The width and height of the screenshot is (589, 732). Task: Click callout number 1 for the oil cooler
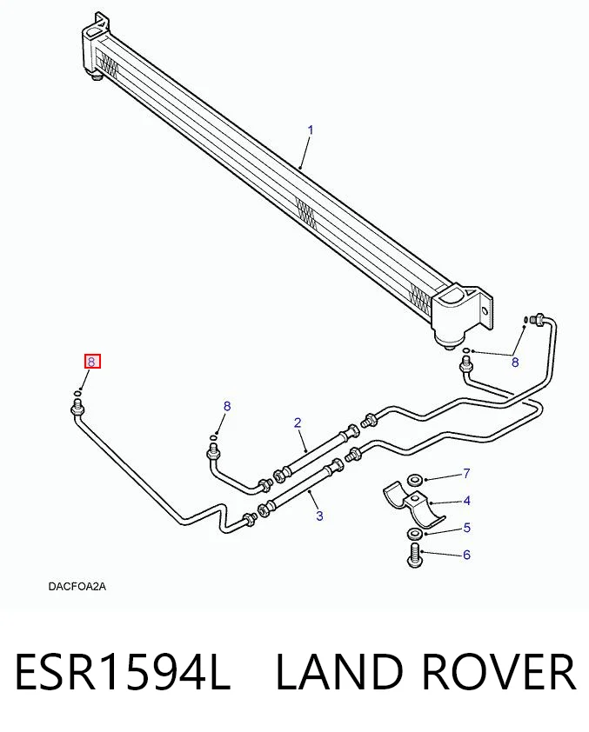(311, 130)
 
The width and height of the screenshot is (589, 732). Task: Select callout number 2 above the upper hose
(298, 423)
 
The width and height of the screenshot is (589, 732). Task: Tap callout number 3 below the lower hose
(319, 516)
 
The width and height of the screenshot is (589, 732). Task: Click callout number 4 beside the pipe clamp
(466, 501)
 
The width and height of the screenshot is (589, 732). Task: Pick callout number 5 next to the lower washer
(466, 528)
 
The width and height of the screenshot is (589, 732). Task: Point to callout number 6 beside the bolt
(466, 555)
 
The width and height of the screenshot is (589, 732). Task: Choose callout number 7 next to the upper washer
(466, 474)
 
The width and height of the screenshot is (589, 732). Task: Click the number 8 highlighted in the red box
(92, 362)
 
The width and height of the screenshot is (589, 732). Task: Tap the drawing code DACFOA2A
(77, 586)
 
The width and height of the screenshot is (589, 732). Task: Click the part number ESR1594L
(123, 672)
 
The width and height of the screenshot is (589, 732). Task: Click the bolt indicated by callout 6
(415, 556)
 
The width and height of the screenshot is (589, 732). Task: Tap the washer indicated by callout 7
(414, 479)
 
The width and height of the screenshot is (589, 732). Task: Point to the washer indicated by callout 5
(414, 533)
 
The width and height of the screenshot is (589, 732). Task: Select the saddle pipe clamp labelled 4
(413, 503)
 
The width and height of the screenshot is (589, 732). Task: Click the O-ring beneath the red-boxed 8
(77, 394)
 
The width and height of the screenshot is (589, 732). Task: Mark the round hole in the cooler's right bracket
(485, 311)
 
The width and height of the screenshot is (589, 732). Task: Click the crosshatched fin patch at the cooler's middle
(306, 214)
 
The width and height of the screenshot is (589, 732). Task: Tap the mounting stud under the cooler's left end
(97, 77)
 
